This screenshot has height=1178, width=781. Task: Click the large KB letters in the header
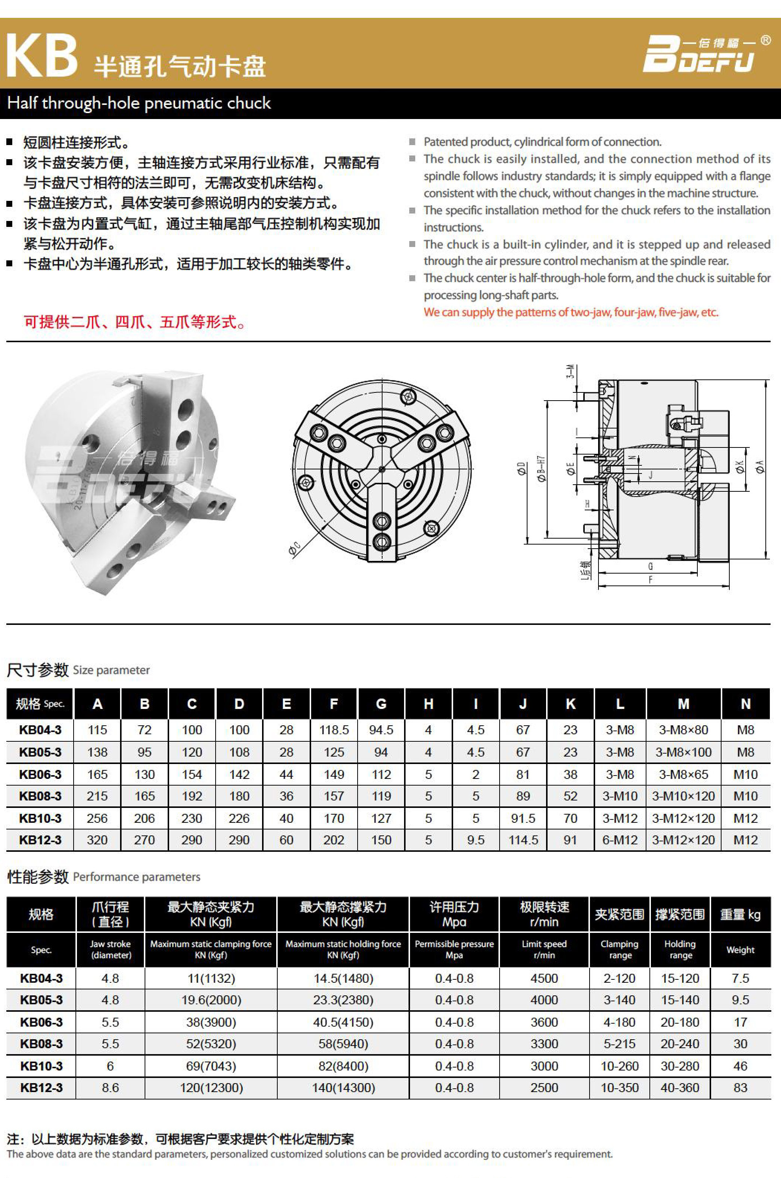(42, 56)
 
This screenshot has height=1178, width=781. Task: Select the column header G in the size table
(381, 704)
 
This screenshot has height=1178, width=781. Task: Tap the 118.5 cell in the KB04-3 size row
(334, 730)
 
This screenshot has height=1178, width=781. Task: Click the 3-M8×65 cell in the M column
(683, 774)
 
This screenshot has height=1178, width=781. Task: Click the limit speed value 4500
(544, 978)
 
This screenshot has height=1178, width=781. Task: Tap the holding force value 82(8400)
(343, 1066)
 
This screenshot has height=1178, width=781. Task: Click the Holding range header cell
(680, 949)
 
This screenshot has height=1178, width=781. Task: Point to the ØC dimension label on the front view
(294, 549)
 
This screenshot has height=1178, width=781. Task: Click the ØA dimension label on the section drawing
(759, 466)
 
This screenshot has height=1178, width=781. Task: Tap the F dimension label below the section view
(650, 579)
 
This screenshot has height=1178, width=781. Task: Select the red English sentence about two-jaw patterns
(571, 312)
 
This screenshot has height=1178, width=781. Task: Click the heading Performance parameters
(136, 877)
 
